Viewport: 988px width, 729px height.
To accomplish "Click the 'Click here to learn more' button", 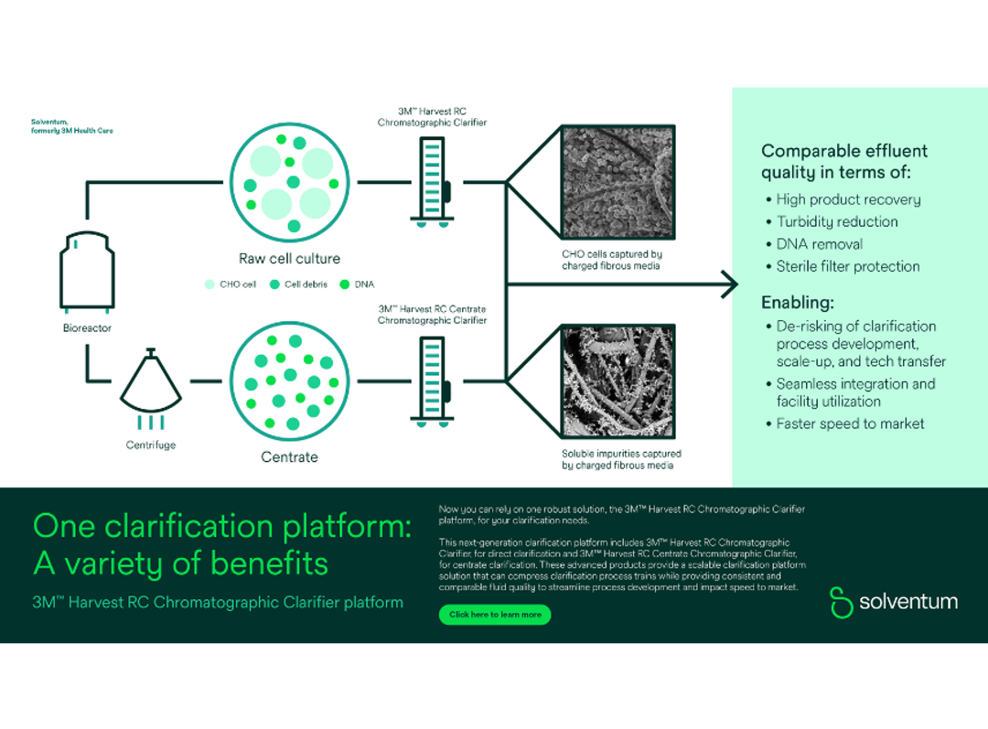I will point(495,615).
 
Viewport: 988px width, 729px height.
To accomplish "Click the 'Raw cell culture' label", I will point(289,259).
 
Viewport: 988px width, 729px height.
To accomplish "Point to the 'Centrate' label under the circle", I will point(289,456).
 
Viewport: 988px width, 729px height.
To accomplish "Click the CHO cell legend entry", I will point(231,284).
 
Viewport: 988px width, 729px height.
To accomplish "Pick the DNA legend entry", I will point(357,284).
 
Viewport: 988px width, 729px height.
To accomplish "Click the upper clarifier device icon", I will point(432,183).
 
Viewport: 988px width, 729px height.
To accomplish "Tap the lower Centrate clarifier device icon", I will point(432,381).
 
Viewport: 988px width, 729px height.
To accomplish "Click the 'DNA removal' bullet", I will point(819,244).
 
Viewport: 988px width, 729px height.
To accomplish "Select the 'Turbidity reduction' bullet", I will point(836,221).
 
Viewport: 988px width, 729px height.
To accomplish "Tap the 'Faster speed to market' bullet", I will point(849,423).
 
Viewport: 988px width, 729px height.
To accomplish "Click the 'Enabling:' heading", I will point(798,303).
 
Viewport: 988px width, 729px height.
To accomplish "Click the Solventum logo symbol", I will point(841,602).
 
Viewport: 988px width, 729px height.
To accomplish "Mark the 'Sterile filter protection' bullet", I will point(847,266).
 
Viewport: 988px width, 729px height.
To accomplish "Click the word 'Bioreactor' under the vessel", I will point(87,327).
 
